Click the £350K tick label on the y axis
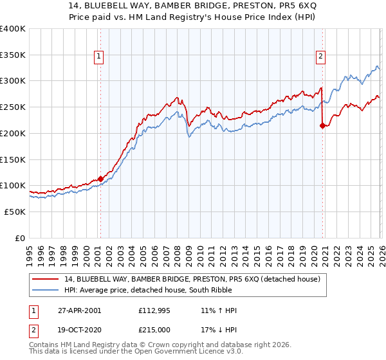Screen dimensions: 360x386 (13, 55)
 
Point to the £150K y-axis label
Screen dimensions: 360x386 (13, 159)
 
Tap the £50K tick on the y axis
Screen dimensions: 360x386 (15, 212)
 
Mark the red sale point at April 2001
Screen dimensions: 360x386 (100, 179)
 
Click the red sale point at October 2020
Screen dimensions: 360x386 (322, 125)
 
